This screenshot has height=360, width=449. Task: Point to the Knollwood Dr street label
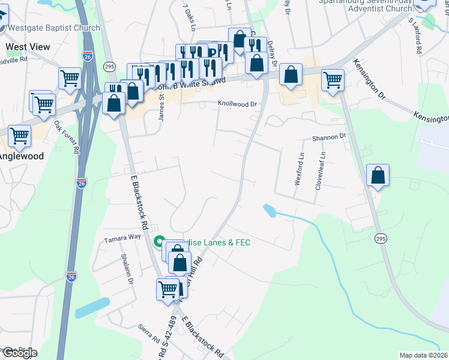(x=237, y=104)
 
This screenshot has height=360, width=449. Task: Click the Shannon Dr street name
(x=330, y=137)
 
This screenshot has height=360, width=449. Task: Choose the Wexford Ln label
(x=299, y=169)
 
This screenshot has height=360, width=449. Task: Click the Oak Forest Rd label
(x=67, y=137)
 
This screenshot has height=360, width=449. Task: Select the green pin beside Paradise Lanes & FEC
(x=160, y=242)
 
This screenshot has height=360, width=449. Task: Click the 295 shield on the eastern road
(x=379, y=239)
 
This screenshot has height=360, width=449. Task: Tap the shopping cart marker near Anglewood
(x=19, y=136)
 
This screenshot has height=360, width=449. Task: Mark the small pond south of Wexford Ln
(x=270, y=210)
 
